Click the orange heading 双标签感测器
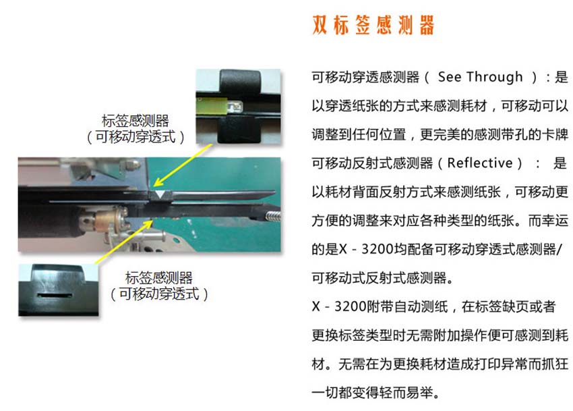point(373,25)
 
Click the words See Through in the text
point(480,77)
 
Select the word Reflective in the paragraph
point(480,163)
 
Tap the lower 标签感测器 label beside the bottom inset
point(159,278)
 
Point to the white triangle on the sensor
point(158,194)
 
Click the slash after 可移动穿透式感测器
point(564,250)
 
